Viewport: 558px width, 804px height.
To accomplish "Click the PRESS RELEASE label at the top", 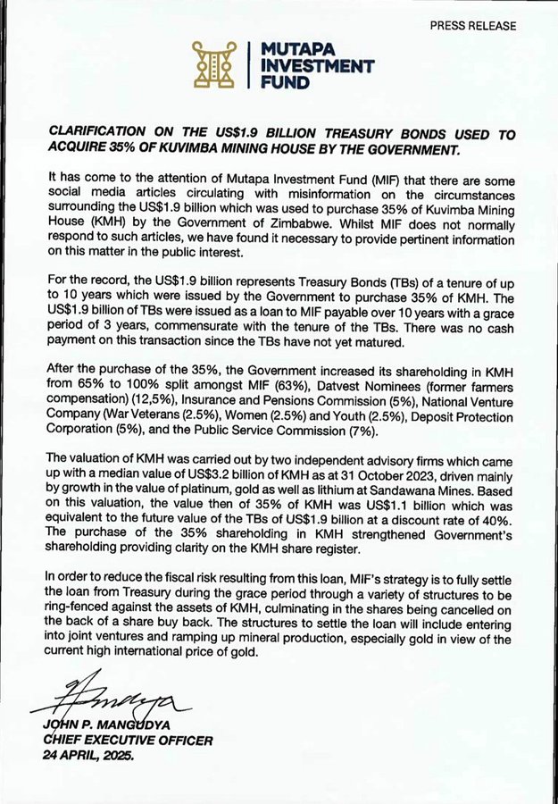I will pos(472,26).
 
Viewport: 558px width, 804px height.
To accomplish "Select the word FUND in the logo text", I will pos(281,82).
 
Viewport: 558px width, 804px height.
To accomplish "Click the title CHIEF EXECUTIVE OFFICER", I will pos(128,740).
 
